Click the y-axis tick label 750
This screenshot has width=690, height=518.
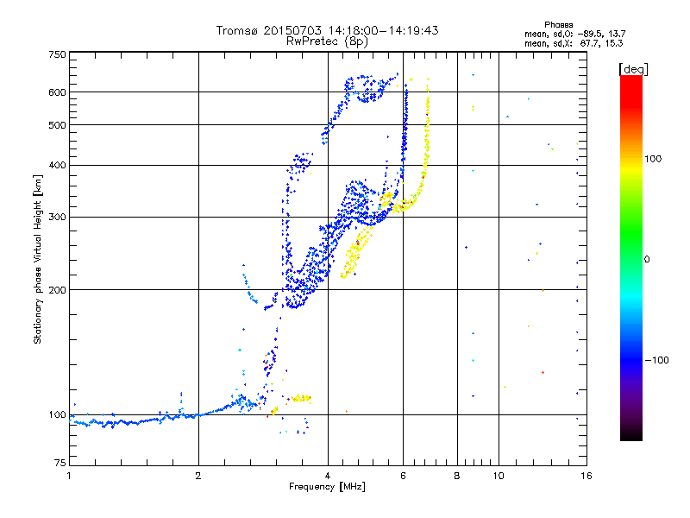(58, 54)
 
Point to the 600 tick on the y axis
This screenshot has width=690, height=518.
(58, 92)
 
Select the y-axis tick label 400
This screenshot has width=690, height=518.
(58, 165)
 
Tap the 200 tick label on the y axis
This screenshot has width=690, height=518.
(58, 289)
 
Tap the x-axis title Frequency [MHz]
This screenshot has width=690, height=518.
(327, 487)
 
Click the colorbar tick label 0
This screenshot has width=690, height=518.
(646, 259)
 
